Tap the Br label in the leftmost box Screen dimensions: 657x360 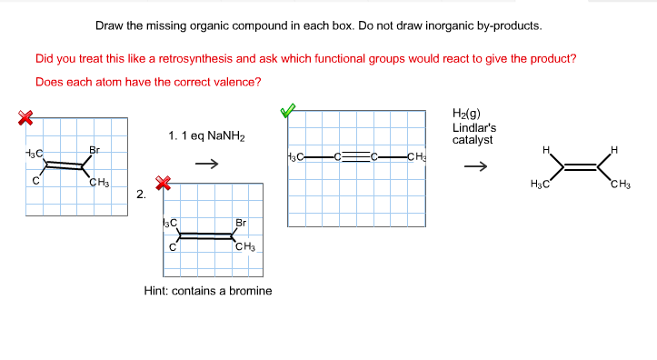point(94,149)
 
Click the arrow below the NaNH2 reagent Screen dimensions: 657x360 point(209,165)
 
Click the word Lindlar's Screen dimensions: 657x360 point(473,127)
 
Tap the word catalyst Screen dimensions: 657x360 point(473,140)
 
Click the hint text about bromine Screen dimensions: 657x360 point(208,291)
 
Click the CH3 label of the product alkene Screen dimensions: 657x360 point(622,186)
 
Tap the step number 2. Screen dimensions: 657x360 point(141,194)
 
